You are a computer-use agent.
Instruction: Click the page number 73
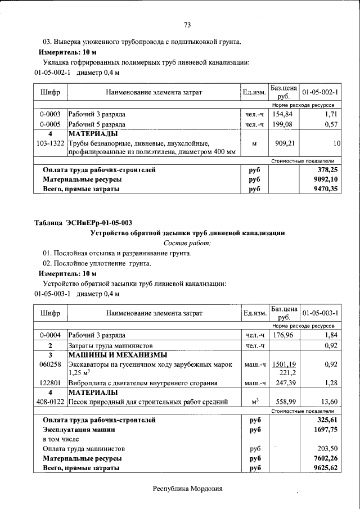pyautogui.click(x=188, y=24)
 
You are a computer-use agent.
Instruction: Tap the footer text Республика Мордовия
pyautogui.click(x=188, y=488)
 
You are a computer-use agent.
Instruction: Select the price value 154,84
pyautogui.click(x=283, y=114)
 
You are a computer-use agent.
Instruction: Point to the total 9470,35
pyautogui.click(x=326, y=190)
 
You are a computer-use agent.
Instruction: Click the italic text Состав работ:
pyautogui.click(x=187, y=243)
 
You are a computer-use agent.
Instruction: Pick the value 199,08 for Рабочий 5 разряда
pyautogui.click(x=283, y=124)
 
